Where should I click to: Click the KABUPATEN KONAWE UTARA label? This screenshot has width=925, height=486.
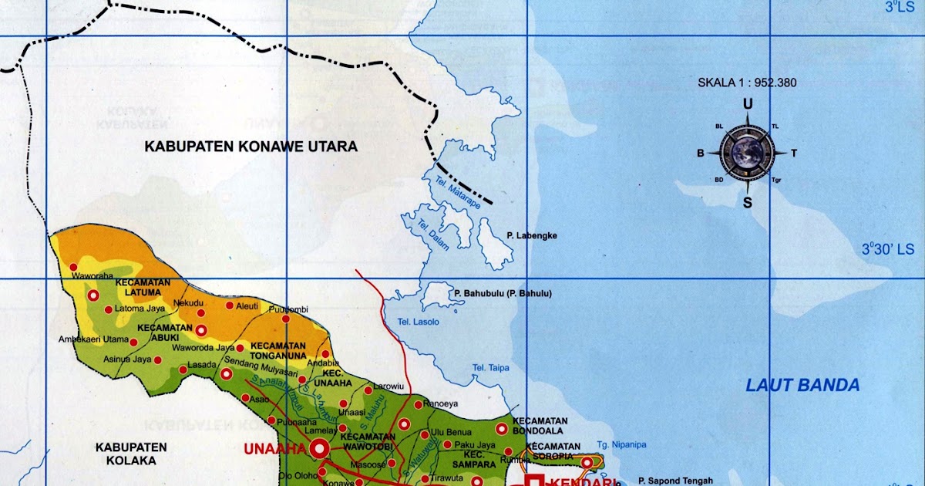click(251, 146)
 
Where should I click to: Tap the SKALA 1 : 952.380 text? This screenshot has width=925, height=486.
click(747, 83)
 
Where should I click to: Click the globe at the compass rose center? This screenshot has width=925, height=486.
click(746, 152)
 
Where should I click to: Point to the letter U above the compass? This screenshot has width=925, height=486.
click(747, 104)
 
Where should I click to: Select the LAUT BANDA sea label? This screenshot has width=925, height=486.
click(802, 386)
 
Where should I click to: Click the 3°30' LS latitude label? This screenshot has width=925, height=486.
click(886, 249)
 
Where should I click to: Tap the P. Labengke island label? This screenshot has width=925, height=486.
click(532, 235)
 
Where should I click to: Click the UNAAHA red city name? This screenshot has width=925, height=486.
click(275, 449)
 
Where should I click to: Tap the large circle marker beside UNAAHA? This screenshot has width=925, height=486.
click(319, 448)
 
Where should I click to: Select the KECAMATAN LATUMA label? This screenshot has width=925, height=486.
click(143, 287)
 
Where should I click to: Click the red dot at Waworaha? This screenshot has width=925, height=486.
click(73, 267)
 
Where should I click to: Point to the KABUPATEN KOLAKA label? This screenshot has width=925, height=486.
click(131, 454)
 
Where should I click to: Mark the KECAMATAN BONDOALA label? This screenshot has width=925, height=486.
click(545, 425)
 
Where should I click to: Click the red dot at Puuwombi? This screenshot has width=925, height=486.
click(285, 318)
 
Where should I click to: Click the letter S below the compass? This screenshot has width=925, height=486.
click(747, 203)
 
